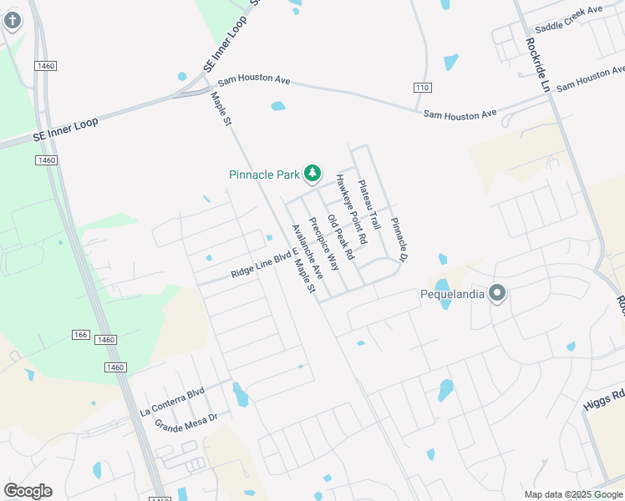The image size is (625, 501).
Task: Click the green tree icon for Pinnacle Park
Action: (312, 173)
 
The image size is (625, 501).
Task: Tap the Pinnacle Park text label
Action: (264, 175)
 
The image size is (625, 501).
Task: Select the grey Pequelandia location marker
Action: (497, 292)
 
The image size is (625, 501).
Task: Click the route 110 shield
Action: (422, 88)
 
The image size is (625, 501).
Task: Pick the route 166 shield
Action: (80, 335)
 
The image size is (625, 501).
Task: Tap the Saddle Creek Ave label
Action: (568, 18)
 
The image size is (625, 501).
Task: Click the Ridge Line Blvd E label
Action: (264, 267)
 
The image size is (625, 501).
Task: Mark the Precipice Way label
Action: (324, 244)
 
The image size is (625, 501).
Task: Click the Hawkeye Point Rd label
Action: (351, 209)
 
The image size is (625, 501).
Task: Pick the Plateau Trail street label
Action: (368, 205)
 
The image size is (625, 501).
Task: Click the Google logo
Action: (28, 491)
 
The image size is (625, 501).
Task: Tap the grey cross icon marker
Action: (12, 19)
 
